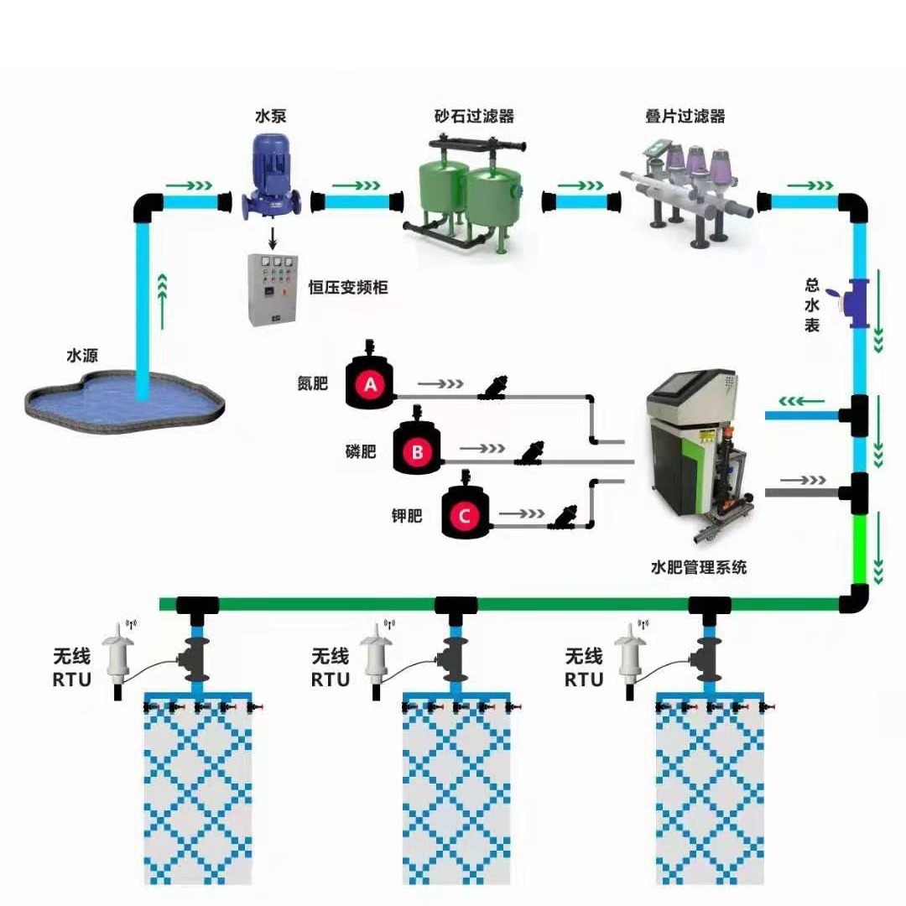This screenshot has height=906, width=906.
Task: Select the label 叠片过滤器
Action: [685, 117]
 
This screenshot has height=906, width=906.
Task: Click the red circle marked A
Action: [369, 385]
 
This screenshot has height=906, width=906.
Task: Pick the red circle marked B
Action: [418, 453]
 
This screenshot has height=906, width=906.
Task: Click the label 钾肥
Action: [408, 516]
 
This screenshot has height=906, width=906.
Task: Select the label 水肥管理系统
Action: [698, 568]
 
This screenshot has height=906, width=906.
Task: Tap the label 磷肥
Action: [361, 452]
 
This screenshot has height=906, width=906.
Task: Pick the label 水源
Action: [82, 356]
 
